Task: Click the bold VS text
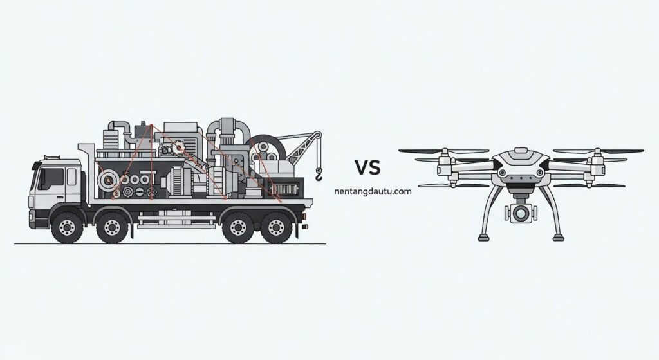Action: click(x=367, y=167)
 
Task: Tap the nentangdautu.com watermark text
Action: click(x=373, y=191)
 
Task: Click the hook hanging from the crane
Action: click(x=319, y=174)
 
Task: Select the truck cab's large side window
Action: click(x=51, y=179)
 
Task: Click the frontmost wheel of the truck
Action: click(x=67, y=227)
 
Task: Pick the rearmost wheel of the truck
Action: click(x=276, y=227)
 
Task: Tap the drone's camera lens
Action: click(x=521, y=213)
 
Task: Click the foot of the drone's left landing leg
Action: click(x=484, y=238)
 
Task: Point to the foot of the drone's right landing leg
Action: click(x=558, y=238)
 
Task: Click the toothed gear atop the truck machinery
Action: click(x=180, y=147)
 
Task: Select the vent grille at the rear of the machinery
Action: click(x=284, y=190)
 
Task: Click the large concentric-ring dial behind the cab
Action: click(x=108, y=181)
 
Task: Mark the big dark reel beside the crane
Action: click(x=265, y=149)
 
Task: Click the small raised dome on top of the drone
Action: click(x=521, y=150)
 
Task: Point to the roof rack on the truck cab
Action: click(x=51, y=157)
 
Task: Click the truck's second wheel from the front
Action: click(x=112, y=227)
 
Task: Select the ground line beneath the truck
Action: click(x=170, y=243)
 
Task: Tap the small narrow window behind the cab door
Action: click(x=72, y=177)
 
